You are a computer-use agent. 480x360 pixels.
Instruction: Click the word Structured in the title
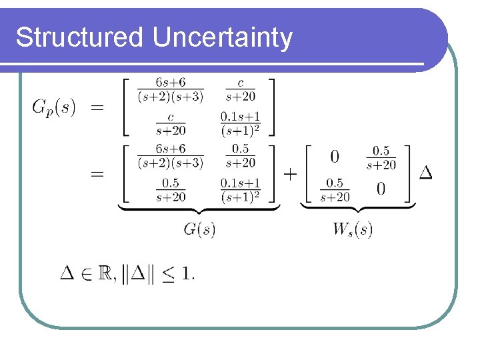click(79, 37)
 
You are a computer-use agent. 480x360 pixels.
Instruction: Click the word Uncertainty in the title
click(222, 39)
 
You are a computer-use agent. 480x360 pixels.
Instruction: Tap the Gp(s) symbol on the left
click(54, 107)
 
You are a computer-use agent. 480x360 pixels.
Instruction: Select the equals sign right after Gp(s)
click(97, 107)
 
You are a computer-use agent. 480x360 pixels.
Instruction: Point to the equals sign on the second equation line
click(97, 173)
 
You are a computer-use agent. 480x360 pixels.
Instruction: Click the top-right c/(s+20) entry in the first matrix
click(240, 90)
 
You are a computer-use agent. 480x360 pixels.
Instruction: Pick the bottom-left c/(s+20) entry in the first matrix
click(171, 123)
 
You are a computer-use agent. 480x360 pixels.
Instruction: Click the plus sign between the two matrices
click(290, 173)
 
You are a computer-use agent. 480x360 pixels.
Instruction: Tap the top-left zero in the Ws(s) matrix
click(335, 157)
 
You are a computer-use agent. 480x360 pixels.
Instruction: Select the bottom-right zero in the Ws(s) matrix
click(381, 190)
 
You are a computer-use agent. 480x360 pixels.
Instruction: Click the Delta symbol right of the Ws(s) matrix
click(425, 173)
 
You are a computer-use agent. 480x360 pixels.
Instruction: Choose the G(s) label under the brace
click(199, 230)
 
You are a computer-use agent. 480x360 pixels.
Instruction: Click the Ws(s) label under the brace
click(353, 230)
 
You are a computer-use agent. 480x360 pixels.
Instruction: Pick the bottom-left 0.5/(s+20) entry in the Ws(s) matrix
click(335, 190)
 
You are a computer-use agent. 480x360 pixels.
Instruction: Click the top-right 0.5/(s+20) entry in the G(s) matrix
click(240, 156)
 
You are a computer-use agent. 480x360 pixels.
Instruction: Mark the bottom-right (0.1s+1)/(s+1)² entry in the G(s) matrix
click(240, 189)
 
